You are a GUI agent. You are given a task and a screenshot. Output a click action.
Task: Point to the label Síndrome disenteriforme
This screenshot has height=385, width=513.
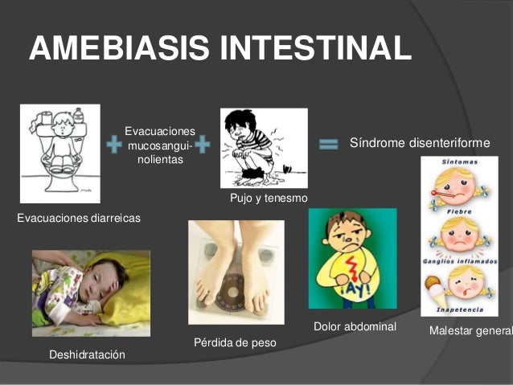[x=420, y=143]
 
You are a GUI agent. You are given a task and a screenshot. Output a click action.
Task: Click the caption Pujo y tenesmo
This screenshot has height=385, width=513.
[x=269, y=198]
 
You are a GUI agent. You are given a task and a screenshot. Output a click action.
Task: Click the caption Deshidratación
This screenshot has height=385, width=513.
[x=87, y=354]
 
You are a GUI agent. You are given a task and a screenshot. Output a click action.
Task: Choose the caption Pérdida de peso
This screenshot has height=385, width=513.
[x=235, y=343]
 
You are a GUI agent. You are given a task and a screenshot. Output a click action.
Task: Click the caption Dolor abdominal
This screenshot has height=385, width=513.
[x=355, y=327]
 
